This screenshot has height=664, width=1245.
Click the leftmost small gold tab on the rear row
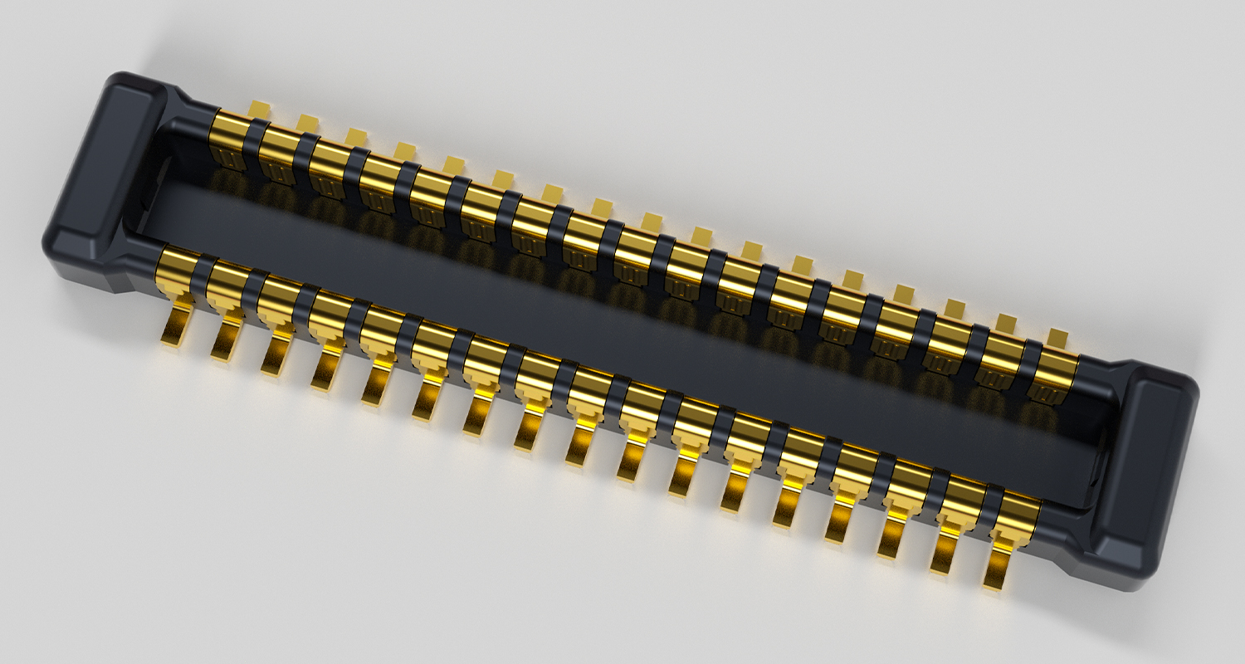tap(260, 109)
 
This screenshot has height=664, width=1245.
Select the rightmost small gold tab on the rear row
tap(1057, 336)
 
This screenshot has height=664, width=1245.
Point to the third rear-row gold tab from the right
tap(955, 307)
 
